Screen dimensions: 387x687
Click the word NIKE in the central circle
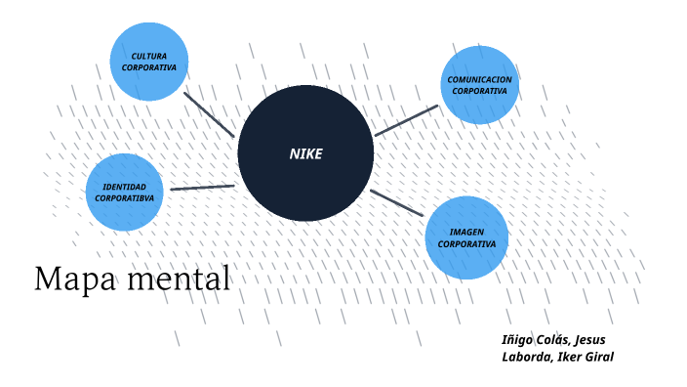[x=305, y=153]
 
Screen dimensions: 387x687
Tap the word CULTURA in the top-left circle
[x=149, y=57]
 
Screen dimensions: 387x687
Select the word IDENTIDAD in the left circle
[x=124, y=187]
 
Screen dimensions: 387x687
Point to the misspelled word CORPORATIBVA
[x=124, y=198]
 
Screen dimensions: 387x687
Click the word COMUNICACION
[x=480, y=79]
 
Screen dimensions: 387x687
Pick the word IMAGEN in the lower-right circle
[x=466, y=232]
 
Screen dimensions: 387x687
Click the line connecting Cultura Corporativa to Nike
[x=209, y=114]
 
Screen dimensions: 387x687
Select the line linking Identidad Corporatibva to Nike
[x=202, y=187]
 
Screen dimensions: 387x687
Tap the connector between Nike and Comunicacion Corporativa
[x=406, y=120]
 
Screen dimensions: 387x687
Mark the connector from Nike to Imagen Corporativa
[x=397, y=202]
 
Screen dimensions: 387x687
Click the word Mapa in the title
[x=69, y=279]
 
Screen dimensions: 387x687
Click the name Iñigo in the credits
[x=517, y=340]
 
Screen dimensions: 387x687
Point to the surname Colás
[x=554, y=340]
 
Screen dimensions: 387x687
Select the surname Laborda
[x=525, y=357]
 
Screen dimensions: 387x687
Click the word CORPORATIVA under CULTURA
[x=149, y=68]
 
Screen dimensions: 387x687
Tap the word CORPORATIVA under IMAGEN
[x=466, y=243]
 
